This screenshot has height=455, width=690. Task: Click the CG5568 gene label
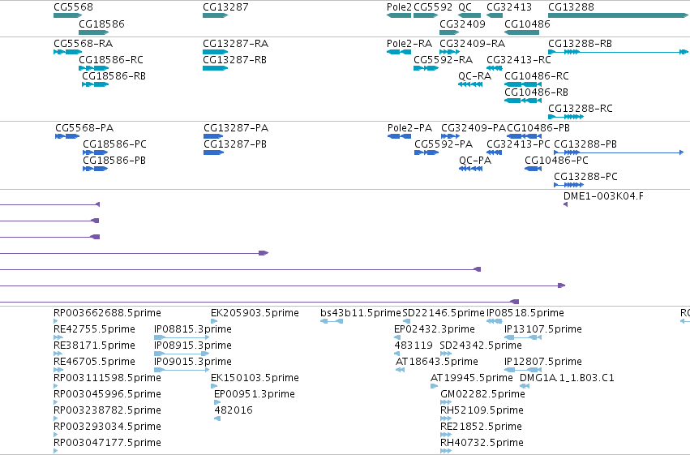pos(74,7)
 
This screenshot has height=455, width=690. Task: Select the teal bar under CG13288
pos(618,15)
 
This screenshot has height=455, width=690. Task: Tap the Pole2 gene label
pos(399,7)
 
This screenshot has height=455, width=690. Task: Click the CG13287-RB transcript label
pos(234,60)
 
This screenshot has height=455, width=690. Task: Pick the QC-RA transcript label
pos(474,76)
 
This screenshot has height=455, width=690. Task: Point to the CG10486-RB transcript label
pos(536,92)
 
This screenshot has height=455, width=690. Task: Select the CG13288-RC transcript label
pos(580,109)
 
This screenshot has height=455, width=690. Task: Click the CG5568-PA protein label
pos(84,128)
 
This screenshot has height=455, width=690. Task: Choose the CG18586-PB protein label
pos(114,161)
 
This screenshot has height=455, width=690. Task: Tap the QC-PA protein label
pos(475,161)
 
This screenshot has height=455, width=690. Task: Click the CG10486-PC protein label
pos(556,161)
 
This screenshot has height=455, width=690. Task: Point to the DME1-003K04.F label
pos(603,196)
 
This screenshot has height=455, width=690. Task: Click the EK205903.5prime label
pos(255,313)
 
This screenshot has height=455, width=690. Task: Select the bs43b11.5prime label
pos(361,313)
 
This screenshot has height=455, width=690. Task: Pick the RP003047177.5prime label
pos(107,443)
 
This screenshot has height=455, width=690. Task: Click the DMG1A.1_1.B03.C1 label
pos(567,378)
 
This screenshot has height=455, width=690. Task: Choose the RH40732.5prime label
pos(482,443)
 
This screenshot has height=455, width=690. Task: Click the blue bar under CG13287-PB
pos(214,152)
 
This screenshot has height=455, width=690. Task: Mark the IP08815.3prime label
pos(193,329)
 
